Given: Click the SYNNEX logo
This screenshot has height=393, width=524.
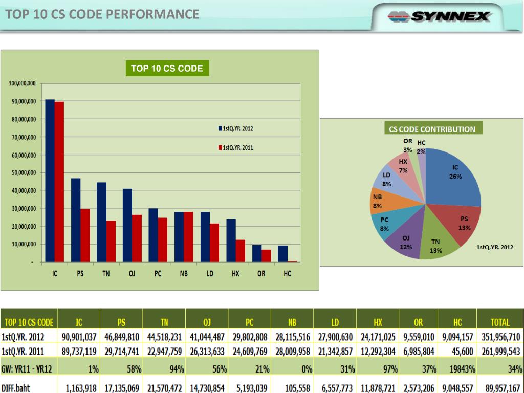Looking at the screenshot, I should pos(439,16).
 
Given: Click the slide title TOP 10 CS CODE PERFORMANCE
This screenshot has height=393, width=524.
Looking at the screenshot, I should pos(102,14).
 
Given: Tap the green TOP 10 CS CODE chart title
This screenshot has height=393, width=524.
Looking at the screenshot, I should pos(167,69).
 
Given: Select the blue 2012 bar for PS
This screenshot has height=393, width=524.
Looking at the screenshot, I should pos(75,220).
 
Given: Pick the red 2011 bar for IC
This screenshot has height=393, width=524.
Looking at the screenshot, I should pos(59,182).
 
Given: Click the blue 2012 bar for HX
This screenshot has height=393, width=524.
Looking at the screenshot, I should pos(231,241).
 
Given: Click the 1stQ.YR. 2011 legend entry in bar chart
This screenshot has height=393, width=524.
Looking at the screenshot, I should pos(236,147).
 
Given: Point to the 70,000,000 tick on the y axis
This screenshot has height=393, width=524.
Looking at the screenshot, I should pos(23,137).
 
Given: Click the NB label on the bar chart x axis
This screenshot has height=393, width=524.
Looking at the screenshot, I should pos(184,274).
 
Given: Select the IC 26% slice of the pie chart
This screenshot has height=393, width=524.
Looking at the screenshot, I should pos(453,177).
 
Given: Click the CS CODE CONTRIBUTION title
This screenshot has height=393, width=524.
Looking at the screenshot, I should pos(432,129).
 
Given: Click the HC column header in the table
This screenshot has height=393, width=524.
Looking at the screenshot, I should pos(457,322).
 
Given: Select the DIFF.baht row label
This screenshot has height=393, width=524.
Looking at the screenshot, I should pos(16,388).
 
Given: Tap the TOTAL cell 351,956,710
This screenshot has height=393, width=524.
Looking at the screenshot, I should pos(500,337).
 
